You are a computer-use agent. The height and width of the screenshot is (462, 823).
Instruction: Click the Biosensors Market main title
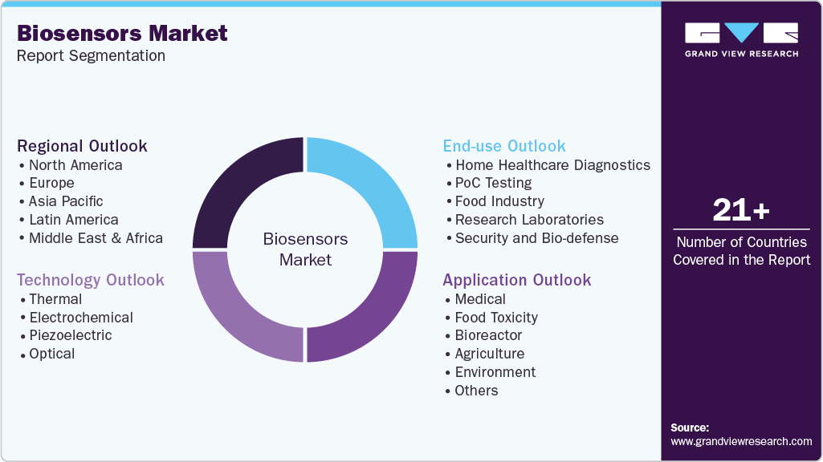pyautogui.click(x=122, y=33)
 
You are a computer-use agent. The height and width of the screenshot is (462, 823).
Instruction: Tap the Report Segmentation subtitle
pyautogui.click(x=91, y=56)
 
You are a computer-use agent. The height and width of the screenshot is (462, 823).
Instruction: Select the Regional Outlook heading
pyautogui.click(x=82, y=146)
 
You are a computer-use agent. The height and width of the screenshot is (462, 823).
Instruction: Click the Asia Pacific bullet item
pyautogui.click(x=66, y=201)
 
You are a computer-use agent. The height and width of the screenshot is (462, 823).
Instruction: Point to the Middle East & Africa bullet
pyautogui.click(x=96, y=238)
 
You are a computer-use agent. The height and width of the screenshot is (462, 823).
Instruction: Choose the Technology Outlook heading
pyautogui.click(x=90, y=280)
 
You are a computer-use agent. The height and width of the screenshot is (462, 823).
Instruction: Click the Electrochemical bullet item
pyautogui.click(x=81, y=318)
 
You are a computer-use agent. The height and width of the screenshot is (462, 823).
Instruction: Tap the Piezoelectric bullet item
pyautogui.click(x=71, y=335)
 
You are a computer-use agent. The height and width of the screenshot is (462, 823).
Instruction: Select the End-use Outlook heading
pyautogui.click(x=504, y=146)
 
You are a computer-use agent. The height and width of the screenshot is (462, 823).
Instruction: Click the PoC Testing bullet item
pyautogui.click(x=493, y=183)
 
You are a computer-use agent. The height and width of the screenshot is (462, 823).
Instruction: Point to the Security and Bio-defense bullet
pyautogui.click(x=536, y=238)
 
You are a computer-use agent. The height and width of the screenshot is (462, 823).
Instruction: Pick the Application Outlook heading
pyautogui.click(x=516, y=280)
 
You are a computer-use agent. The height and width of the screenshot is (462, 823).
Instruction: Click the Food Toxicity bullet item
pyautogui.click(x=496, y=318)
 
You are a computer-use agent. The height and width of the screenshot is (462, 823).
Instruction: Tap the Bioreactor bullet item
pyautogui.click(x=488, y=335)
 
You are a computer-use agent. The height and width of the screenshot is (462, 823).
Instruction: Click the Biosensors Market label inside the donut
pyautogui.click(x=305, y=249)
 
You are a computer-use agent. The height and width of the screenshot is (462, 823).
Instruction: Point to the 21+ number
pyautogui.click(x=741, y=211)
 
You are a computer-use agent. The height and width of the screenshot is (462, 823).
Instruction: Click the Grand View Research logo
pyautogui.click(x=741, y=40)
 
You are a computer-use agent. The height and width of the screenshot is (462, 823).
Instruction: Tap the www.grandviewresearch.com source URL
pyautogui.click(x=741, y=441)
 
